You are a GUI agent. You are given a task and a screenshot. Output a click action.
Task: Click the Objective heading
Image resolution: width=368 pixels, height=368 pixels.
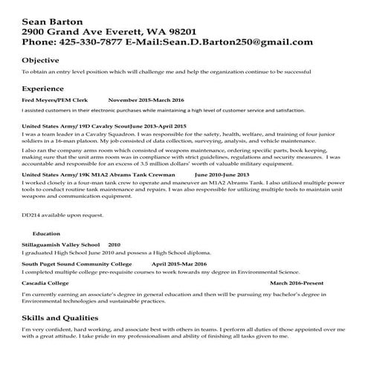tap(41, 59)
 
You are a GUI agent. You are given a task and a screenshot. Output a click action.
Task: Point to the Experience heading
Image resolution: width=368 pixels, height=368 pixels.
tap(45, 86)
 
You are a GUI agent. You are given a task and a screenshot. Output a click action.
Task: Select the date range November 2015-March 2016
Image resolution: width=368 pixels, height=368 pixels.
tap(146, 99)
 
